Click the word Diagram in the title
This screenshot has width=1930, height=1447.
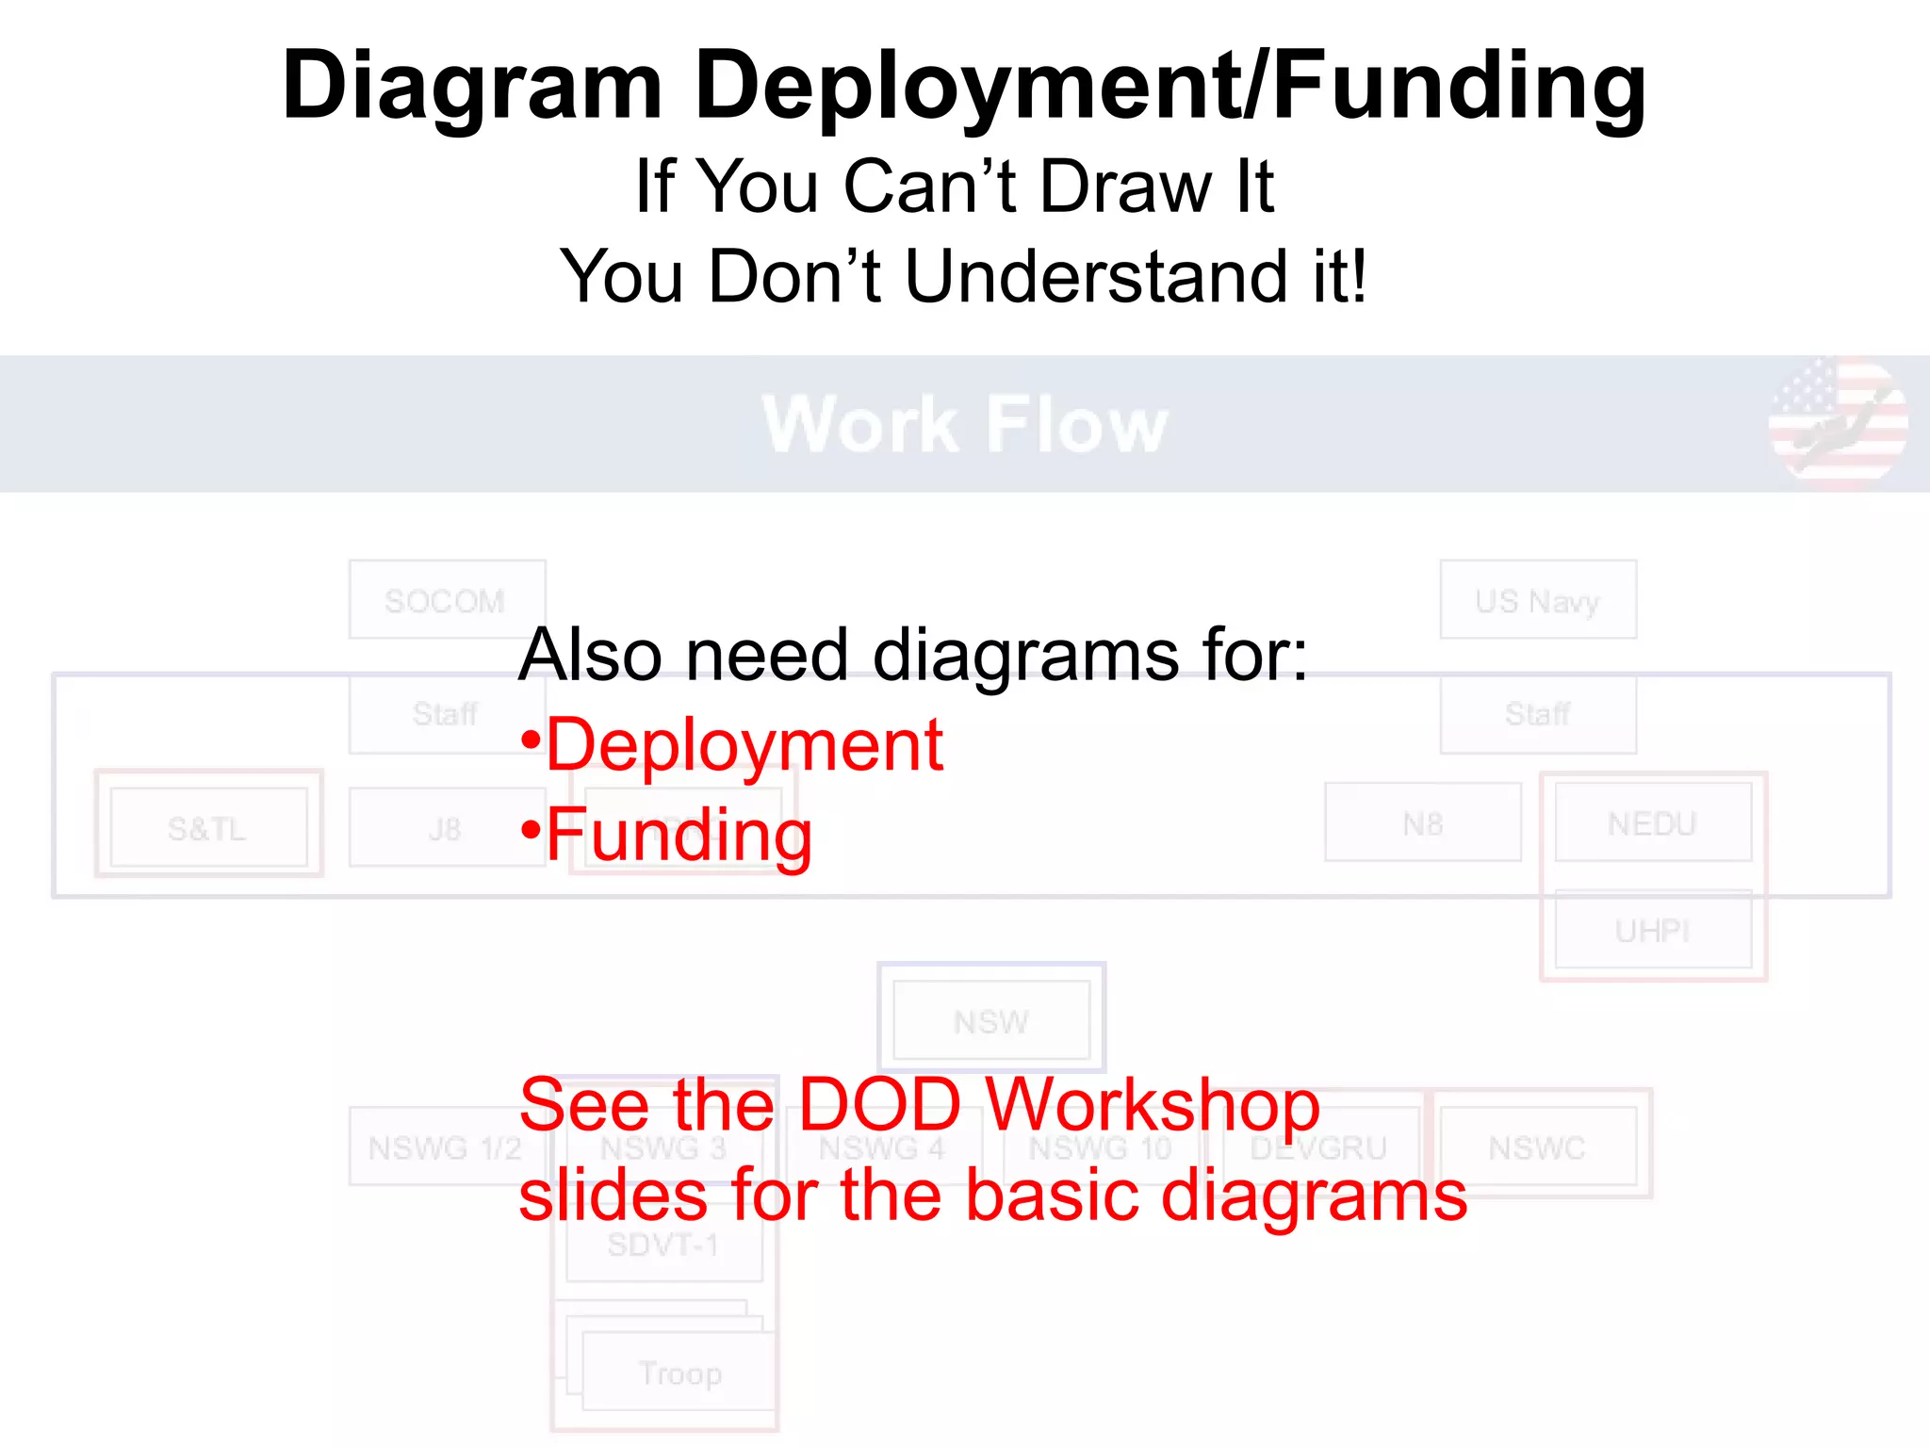(x=472, y=87)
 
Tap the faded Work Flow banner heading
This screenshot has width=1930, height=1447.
(x=964, y=425)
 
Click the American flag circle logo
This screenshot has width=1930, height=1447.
(x=1839, y=420)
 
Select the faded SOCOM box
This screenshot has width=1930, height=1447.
(x=446, y=600)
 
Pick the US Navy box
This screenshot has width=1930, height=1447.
(x=1538, y=600)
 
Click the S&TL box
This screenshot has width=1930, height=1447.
(x=208, y=827)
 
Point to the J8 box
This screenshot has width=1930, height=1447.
(x=444, y=827)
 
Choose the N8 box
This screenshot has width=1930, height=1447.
(x=1423, y=823)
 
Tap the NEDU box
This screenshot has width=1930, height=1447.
(x=1653, y=823)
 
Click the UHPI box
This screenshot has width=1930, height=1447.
(x=1653, y=930)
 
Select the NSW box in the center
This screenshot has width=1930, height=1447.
(x=991, y=1020)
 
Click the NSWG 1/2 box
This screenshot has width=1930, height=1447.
(x=446, y=1146)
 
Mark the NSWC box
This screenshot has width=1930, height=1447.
(x=1538, y=1146)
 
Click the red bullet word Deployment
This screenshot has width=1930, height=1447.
(x=744, y=744)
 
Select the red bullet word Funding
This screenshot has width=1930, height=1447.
(x=679, y=835)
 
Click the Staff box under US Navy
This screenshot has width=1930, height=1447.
(x=1538, y=714)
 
